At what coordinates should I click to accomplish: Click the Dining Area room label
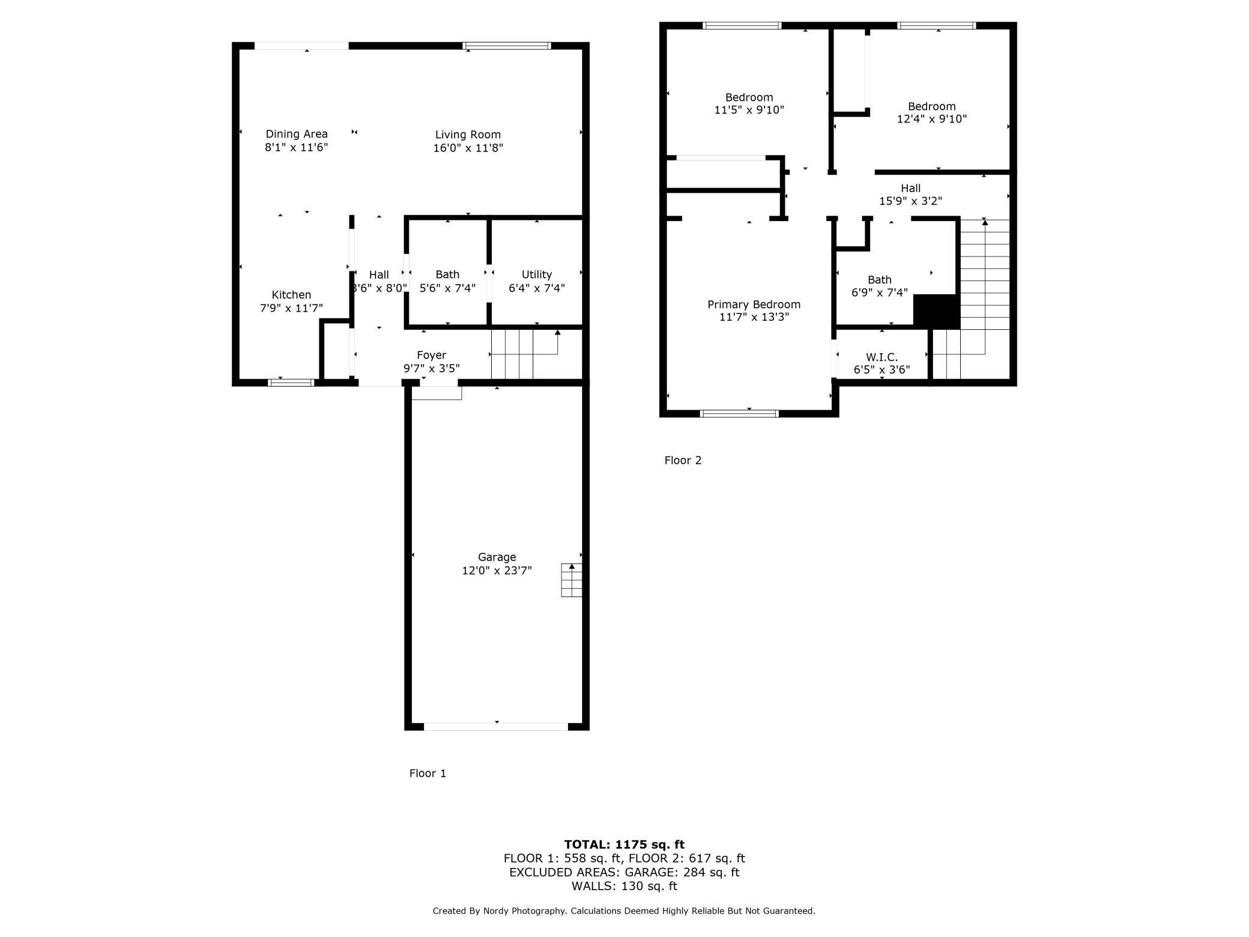tap(297, 134)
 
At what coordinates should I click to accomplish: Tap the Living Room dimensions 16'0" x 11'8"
tap(468, 148)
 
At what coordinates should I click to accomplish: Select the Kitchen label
tap(291, 295)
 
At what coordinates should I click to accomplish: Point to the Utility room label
tap(536, 274)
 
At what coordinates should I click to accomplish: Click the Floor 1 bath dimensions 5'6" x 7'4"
tap(447, 288)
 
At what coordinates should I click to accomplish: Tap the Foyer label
tap(431, 355)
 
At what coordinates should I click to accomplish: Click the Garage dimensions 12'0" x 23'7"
tap(497, 571)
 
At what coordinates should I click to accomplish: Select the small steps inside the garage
tap(571, 580)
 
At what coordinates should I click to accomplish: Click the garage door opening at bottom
tap(496, 726)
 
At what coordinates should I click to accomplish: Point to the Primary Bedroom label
tap(754, 305)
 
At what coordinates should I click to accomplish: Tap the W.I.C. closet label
tap(882, 357)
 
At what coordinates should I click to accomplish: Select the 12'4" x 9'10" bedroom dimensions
tap(931, 119)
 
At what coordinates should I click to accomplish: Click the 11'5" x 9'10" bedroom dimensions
tap(749, 110)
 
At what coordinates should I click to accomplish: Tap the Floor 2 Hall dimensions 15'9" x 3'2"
tap(910, 201)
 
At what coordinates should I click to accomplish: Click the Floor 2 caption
tap(683, 461)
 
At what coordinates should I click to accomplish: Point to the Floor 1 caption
tap(428, 774)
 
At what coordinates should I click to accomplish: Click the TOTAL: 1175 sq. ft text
tap(624, 845)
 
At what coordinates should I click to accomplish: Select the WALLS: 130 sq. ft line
tap(624, 886)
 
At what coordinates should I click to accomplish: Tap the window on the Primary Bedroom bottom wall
tap(739, 413)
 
